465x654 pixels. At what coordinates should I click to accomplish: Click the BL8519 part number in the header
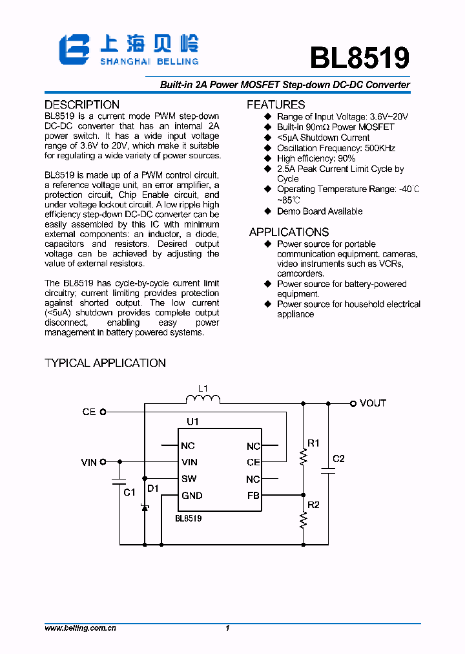pyautogui.click(x=359, y=58)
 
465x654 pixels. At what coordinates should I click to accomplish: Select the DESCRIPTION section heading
pyautogui.click(x=82, y=105)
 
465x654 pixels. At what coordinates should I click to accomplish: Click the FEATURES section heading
pyautogui.click(x=276, y=105)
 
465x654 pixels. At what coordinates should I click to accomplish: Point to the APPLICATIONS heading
pyautogui.click(x=289, y=232)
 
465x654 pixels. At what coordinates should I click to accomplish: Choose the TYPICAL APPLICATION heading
pyautogui.click(x=105, y=363)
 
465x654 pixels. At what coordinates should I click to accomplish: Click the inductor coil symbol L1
pyautogui.click(x=203, y=399)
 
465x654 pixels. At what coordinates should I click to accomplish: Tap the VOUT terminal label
pyautogui.click(x=373, y=403)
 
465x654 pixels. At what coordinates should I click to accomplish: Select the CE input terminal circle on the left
pyautogui.click(x=103, y=412)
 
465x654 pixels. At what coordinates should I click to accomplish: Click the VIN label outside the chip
pyautogui.click(x=88, y=462)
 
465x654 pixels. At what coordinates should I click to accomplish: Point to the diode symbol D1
pyautogui.click(x=145, y=508)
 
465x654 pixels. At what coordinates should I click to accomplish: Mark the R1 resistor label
pyautogui.click(x=313, y=443)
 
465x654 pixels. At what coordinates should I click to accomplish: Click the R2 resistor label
pyautogui.click(x=313, y=505)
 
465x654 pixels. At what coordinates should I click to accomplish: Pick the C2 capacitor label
pyautogui.click(x=338, y=459)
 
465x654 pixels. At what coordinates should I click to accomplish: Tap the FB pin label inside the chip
pyautogui.click(x=253, y=496)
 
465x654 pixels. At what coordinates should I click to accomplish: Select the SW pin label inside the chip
pyautogui.click(x=189, y=479)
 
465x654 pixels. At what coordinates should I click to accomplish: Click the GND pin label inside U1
pyautogui.click(x=192, y=496)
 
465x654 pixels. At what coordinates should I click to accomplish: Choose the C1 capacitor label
pyautogui.click(x=129, y=492)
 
